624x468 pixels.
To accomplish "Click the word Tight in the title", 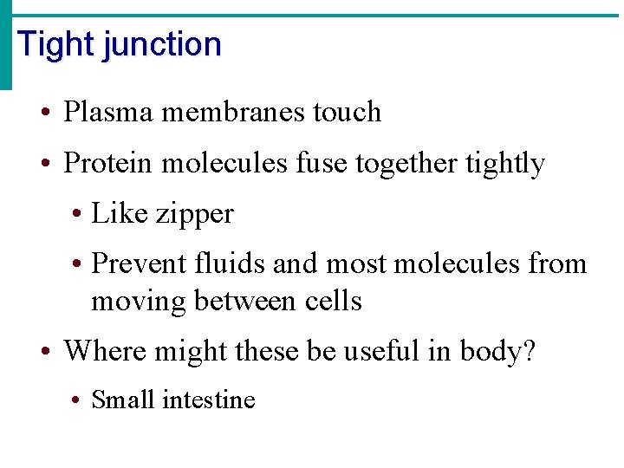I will (x=56, y=44).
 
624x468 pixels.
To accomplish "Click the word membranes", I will (x=229, y=112).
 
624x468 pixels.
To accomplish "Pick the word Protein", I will (x=109, y=163).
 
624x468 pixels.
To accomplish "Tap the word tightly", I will (x=504, y=164).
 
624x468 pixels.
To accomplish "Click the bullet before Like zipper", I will (x=77, y=214).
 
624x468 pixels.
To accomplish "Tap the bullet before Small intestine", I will (x=77, y=400).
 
